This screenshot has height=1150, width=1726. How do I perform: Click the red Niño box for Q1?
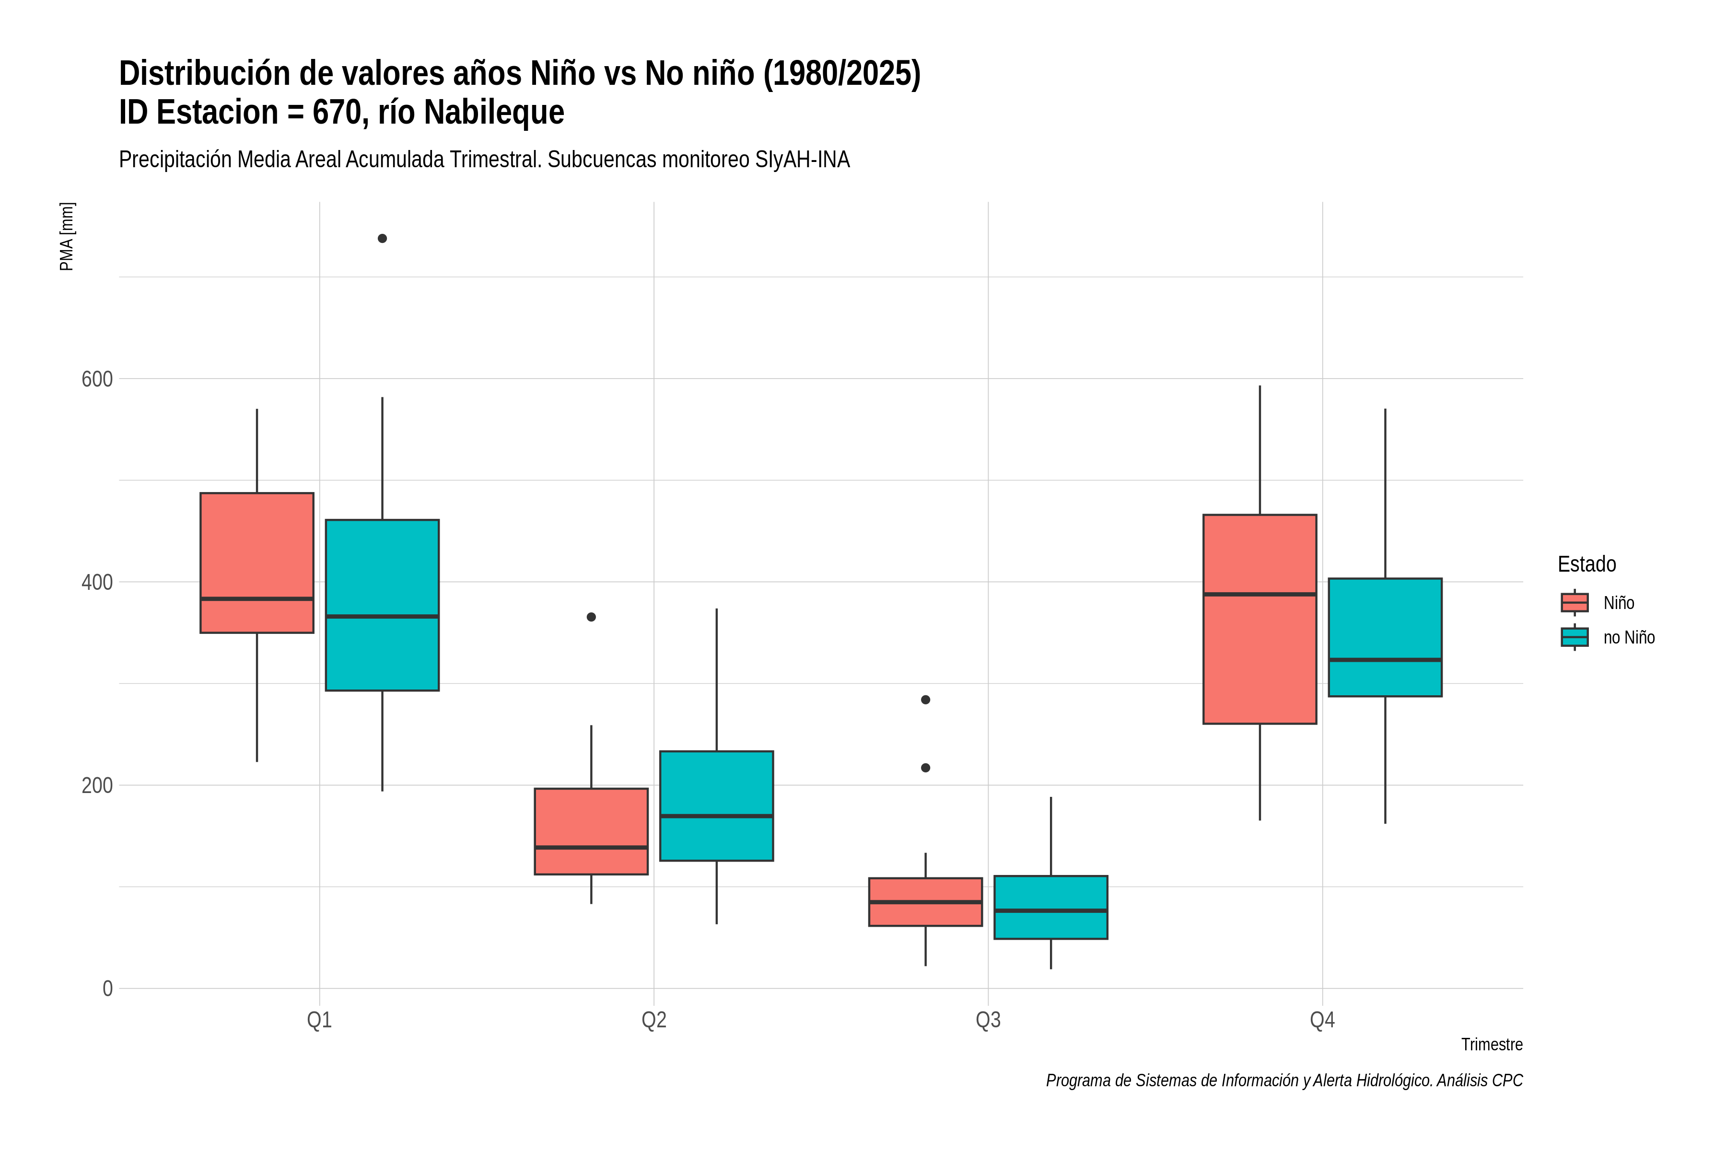pyautogui.click(x=257, y=563)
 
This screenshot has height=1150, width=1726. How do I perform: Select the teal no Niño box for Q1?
pyautogui.click(x=382, y=605)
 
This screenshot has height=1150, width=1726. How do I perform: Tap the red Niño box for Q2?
pyautogui.click(x=592, y=831)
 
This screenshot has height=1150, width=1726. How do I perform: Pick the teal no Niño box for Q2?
pyautogui.click(x=716, y=805)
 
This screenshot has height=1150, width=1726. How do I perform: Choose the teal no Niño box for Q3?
pyautogui.click(x=1051, y=907)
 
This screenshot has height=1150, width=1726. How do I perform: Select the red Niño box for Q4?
pyautogui.click(x=1260, y=619)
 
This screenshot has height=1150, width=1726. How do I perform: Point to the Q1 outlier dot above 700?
pyautogui.click(x=382, y=238)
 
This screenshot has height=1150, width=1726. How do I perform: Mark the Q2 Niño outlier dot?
pyautogui.click(x=592, y=617)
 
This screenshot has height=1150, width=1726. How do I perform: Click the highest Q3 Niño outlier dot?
pyautogui.click(x=925, y=700)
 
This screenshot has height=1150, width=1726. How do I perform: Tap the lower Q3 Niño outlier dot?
pyautogui.click(x=925, y=768)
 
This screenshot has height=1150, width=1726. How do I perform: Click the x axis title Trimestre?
pyautogui.click(x=1492, y=1045)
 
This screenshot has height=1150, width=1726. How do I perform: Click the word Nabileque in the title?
pyautogui.click(x=494, y=112)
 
